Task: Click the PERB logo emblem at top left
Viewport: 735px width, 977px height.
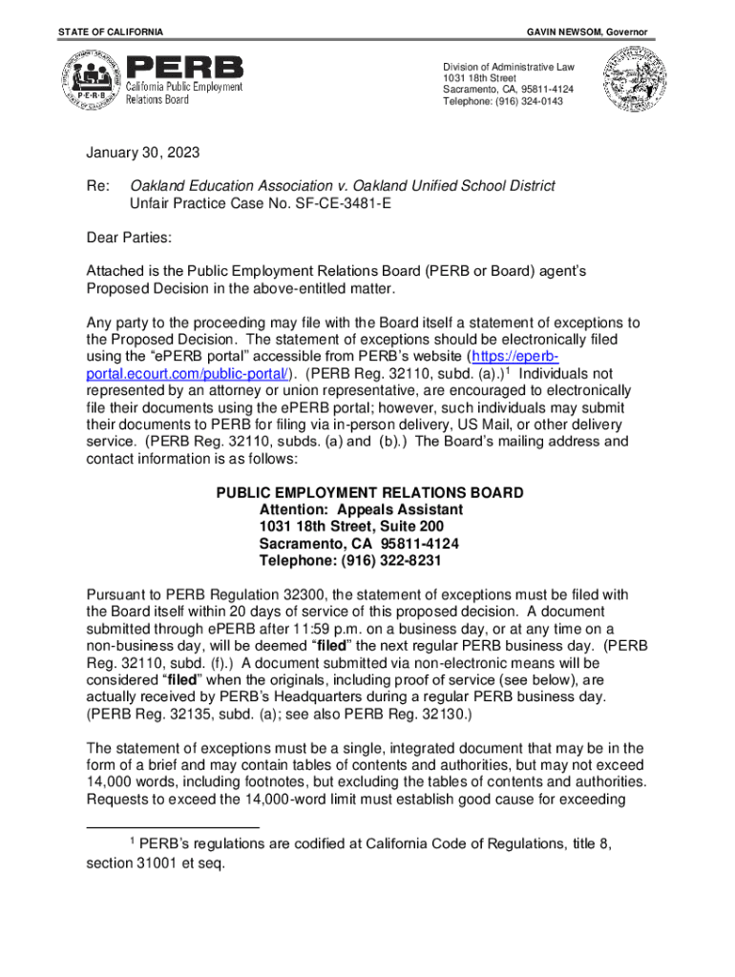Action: pyautogui.click(x=93, y=80)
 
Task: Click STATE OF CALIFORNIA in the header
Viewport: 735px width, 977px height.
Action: pyautogui.click(x=110, y=32)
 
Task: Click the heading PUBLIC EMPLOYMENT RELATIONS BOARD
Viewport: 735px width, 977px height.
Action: pyautogui.click(x=369, y=493)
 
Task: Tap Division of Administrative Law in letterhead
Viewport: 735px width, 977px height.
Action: pyautogui.click(x=508, y=67)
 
